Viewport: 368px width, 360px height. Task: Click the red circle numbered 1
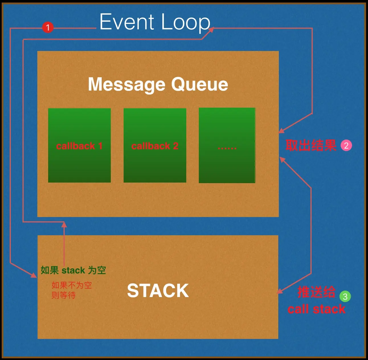(x=48, y=27)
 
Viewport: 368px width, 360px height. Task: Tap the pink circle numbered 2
(x=346, y=146)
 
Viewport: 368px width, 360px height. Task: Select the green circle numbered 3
(x=345, y=296)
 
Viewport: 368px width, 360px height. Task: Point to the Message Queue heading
(x=158, y=85)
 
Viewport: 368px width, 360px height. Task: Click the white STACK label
(x=158, y=291)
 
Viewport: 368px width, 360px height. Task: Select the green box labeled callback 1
(x=79, y=145)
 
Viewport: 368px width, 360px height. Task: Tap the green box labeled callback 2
(x=155, y=145)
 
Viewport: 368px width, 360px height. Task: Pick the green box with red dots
(x=227, y=145)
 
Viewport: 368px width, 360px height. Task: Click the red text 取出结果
(x=311, y=146)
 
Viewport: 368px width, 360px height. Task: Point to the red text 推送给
(x=316, y=292)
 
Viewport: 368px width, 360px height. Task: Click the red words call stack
(x=316, y=309)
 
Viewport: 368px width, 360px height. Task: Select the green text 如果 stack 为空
(x=73, y=270)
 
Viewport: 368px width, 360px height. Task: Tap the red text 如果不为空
(x=72, y=285)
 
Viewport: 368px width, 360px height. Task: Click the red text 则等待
(x=64, y=295)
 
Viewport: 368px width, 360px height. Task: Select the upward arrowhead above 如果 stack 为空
(x=64, y=224)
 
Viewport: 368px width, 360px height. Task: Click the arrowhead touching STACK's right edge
(x=280, y=291)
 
